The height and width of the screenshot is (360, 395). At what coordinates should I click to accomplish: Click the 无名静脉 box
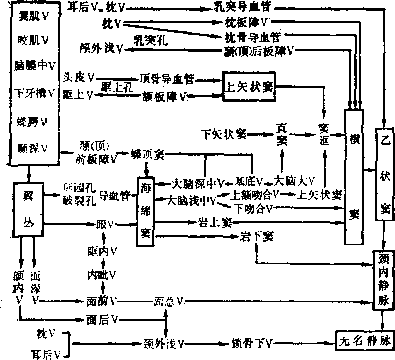pos(365,340)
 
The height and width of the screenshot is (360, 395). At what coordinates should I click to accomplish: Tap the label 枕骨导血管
pos(252,36)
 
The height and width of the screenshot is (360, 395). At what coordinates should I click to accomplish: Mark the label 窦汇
pos(325,132)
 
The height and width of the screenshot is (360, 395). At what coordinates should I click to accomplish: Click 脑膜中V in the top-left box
pos(33,65)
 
